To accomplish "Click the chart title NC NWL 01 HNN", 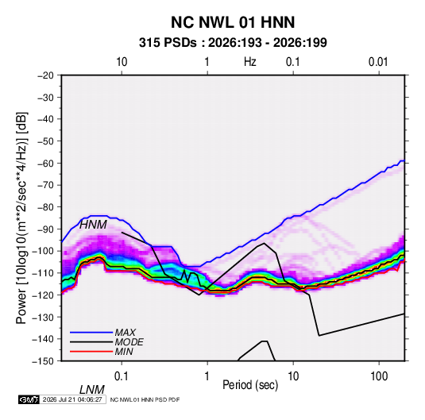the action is click(233, 22).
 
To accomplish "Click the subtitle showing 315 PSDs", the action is click(233, 43).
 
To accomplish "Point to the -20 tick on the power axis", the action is click(45, 75).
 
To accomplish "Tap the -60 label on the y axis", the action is click(45, 163).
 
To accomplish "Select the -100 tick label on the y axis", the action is click(44, 251).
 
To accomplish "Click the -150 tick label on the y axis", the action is click(44, 361).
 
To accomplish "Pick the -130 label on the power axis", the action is click(44, 317).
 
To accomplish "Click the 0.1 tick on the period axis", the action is click(122, 376).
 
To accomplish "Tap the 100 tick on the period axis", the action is click(379, 376).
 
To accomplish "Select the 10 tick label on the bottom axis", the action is click(293, 376).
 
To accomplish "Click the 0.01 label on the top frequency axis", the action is click(378, 62).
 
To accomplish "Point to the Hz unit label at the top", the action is click(250, 62).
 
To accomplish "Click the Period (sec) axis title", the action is click(250, 385).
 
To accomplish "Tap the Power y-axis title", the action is click(21, 218).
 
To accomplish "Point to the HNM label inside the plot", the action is click(93, 225).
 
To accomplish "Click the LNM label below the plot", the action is click(92, 390).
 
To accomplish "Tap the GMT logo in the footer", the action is click(29, 399).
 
